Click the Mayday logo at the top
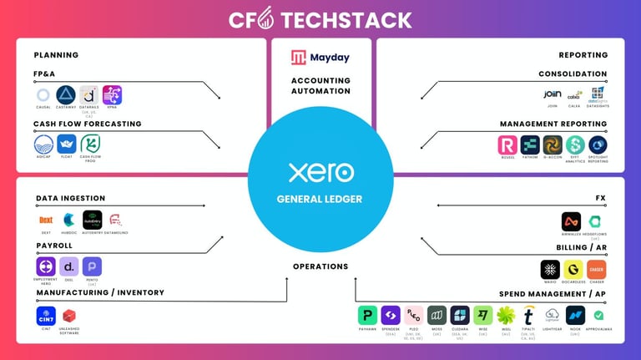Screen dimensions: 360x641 pyautogui.click(x=320, y=58)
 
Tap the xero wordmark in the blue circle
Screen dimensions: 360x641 pyautogui.click(x=320, y=173)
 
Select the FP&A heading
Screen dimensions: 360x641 pyautogui.click(x=45, y=74)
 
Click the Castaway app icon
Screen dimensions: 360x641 pyautogui.click(x=66, y=95)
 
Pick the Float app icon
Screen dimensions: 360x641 pyautogui.click(x=66, y=144)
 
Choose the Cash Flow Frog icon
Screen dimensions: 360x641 pyautogui.click(x=90, y=144)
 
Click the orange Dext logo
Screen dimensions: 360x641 pyautogui.click(x=46, y=220)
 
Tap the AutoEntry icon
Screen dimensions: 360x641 pyautogui.click(x=92, y=220)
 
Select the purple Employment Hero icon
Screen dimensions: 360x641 pyautogui.click(x=46, y=266)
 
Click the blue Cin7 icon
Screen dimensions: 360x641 pyautogui.click(x=46, y=316)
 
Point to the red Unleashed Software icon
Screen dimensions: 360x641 pyautogui.click(x=69, y=316)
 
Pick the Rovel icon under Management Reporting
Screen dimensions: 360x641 pyautogui.click(x=507, y=145)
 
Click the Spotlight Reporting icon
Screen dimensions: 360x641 pyautogui.click(x=598, y=145)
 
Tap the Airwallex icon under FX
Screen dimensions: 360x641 pyautogui.click(x=571, y=221)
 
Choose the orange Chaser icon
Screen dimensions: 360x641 pyautogui.click(x=596, y=269)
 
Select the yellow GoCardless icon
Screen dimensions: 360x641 pyautogui.click(x=573, y=269)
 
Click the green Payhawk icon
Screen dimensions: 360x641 pyautogui.click(x=367, y=316)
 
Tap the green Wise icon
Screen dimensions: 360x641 pyautogui.click(x=482, y=316)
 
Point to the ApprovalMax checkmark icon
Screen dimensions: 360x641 pyautogui.click(x=598, y=316)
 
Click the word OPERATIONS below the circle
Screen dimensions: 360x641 pyautogui.click(x=320, y=266)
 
